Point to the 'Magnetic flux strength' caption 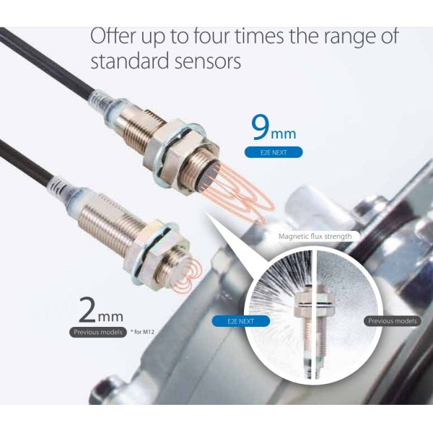tap(315, 236)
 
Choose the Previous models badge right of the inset tap(392, 321)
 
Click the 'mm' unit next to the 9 tap(284, 134)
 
